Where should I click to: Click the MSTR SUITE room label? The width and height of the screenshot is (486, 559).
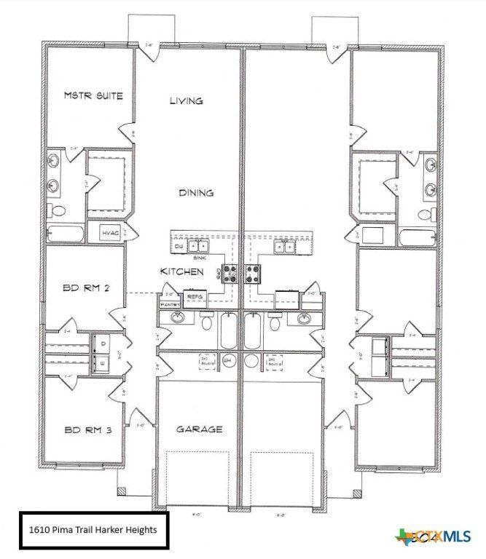coord(93,95)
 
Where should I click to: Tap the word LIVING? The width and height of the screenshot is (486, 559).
coord(186,101)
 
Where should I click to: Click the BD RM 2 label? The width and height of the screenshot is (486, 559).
coord(87,288)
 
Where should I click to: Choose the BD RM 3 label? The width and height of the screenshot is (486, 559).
coord(87,430)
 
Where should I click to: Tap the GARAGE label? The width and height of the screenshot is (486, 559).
coord(199,429)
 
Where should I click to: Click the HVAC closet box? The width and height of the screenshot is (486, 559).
coord(110,233)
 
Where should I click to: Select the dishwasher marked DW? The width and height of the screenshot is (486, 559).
coord(179,247)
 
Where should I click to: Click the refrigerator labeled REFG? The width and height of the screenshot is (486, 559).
coord(195,298)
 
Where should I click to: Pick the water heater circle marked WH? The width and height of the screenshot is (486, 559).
coord(227,360)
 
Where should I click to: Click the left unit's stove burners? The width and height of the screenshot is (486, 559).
coord(231,274)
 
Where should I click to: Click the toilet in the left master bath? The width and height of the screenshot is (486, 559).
coord(57,210)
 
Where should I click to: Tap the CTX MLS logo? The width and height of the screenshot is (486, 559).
coord(433,537)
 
